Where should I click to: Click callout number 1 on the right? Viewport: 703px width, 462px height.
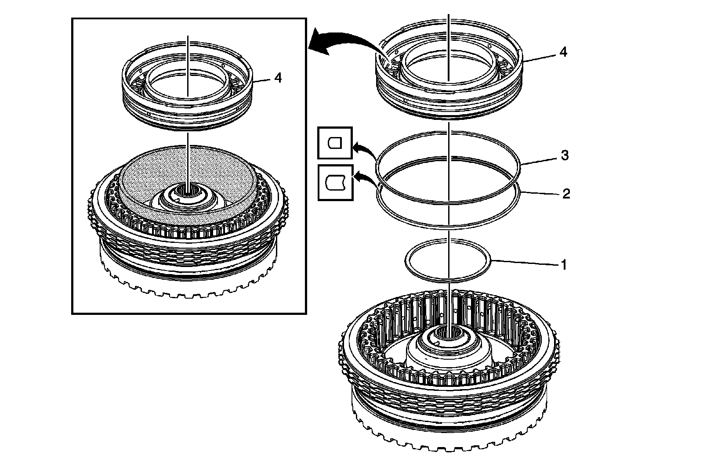[x=563, y=265]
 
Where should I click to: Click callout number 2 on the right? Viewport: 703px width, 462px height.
[x=566, y=193]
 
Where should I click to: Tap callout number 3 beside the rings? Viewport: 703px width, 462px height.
[x=565, y=155]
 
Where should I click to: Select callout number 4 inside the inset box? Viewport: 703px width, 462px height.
[x=278, y=78]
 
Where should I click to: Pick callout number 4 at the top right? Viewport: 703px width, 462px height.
[x=563, y=52]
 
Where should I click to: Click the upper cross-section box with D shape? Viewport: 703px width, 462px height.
[x=335, y=143]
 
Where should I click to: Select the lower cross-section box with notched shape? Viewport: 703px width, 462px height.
[x=335, y=182]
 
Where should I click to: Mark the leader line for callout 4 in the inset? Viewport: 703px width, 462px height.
[x=261, y=81]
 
